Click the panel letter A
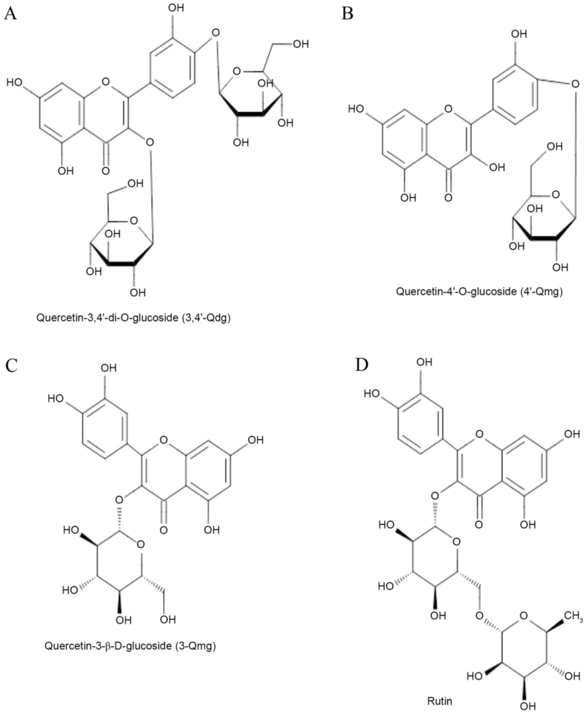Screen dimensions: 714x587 click(x=10, y=14)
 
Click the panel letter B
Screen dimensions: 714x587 click(x=348, y=14)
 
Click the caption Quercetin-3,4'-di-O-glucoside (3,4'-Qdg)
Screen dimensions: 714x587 click(x=133, y=318)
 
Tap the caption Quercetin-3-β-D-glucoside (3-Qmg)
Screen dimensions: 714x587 click(x=130, y=646)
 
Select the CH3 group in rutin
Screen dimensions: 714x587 click(x=573, y=616)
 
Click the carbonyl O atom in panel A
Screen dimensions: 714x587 click(x=106, y=171)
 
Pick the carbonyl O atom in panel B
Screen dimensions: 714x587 click(x=448, y=197)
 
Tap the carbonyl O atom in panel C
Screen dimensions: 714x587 click(x=164, y=530)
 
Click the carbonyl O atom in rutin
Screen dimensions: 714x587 click(x=479, y=524)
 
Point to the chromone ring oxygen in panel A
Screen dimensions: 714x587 click(x=106, y=81)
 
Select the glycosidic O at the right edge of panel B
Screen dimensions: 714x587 click(x=575, y=84)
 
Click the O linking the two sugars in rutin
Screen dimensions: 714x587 click(x=479, y=616)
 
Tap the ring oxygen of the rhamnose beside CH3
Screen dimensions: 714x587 click(x=524, y=616)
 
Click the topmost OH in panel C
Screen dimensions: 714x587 click(x=109, y=368)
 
